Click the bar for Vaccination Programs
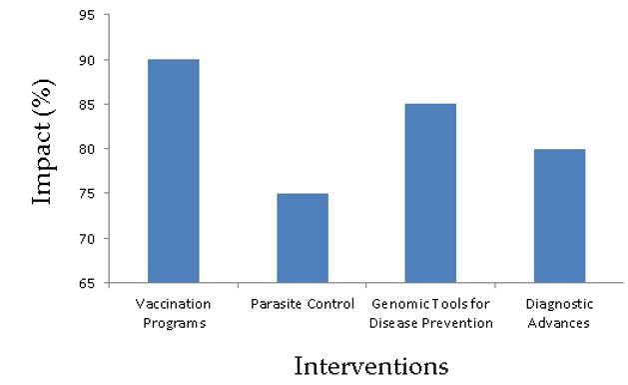click(174, 171)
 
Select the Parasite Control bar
click(303, 238)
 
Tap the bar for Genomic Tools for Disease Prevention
click(430, 193)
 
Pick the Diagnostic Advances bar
click(559, 216)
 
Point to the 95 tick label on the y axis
click(87, 15)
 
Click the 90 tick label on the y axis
click(87, 60)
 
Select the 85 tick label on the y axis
click(87, 105)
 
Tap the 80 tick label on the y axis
click(87, 149)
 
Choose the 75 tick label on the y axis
click(87, 194)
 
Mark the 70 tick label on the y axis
click(87, 239)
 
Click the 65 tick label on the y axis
click(87, 284)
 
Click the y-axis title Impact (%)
click(43, 142)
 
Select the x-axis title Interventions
click(371, 366)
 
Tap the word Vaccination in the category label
click(174, 304)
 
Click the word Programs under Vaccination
click(175, 323)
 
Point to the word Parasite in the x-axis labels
click(276, 304)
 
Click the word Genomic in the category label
click(395, 304)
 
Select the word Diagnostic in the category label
click(559, 304)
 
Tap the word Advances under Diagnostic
click(559, 323)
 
